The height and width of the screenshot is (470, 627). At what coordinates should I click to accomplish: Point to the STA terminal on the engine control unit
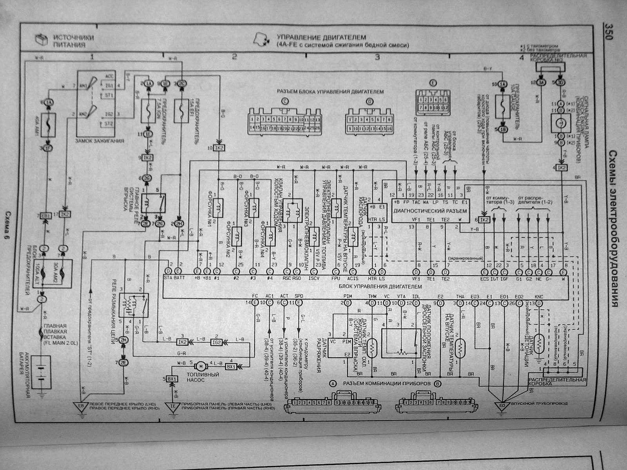pos(169,278)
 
